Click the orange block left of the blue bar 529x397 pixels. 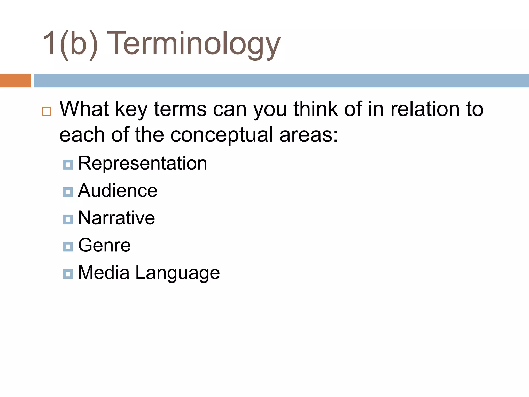tap(15, 81)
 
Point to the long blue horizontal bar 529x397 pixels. tap(281, 81)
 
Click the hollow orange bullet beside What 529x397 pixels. tap(46, 111)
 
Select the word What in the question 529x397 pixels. tap(84, 109)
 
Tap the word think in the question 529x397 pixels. tap(316, 109)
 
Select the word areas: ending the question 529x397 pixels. tap(309, 135)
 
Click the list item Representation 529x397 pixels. tap(143, 163)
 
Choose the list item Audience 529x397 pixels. tap(118, 191)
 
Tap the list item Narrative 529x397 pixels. tap(116, 218)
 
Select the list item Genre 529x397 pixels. tap(104, 245)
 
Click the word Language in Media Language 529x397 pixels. tap(177, 273)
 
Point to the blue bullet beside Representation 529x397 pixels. tap(68, 164)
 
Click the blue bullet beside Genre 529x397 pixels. tap(68, 247)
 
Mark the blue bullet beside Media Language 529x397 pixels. tap(68, 274)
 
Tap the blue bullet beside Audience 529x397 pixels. tap(68, 192)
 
